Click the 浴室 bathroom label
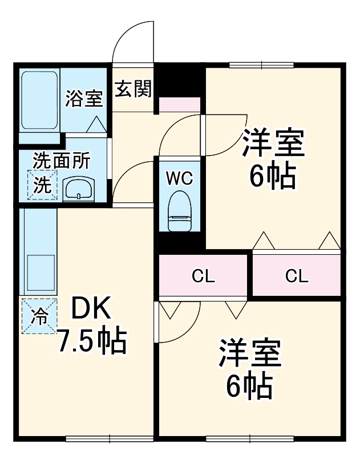[x=84, y=99]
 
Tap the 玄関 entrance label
[x=133, y=89]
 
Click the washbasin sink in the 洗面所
[x=78, y=188]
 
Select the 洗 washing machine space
[x=43, y=185]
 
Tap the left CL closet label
[x=203, y=278]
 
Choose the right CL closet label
[x=297, y=278]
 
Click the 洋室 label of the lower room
[x=249, y=354]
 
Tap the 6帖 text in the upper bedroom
[x=272, y=177]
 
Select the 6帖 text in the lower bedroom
[x=249, y=387]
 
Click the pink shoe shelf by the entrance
[x=179, y=104]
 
